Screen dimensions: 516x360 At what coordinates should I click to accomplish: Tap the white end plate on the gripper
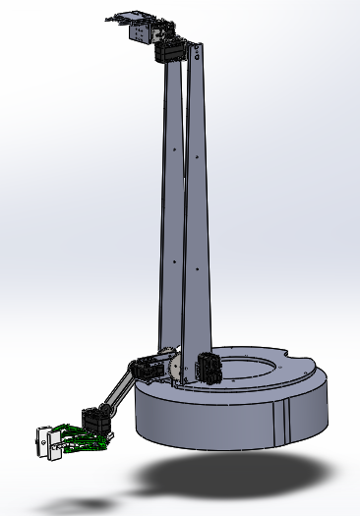click(x=43, y=441)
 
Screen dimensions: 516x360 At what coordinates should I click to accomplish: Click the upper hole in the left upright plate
click(x=175, y=148)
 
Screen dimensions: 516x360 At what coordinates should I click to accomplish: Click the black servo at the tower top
click(x=175, y=51)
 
